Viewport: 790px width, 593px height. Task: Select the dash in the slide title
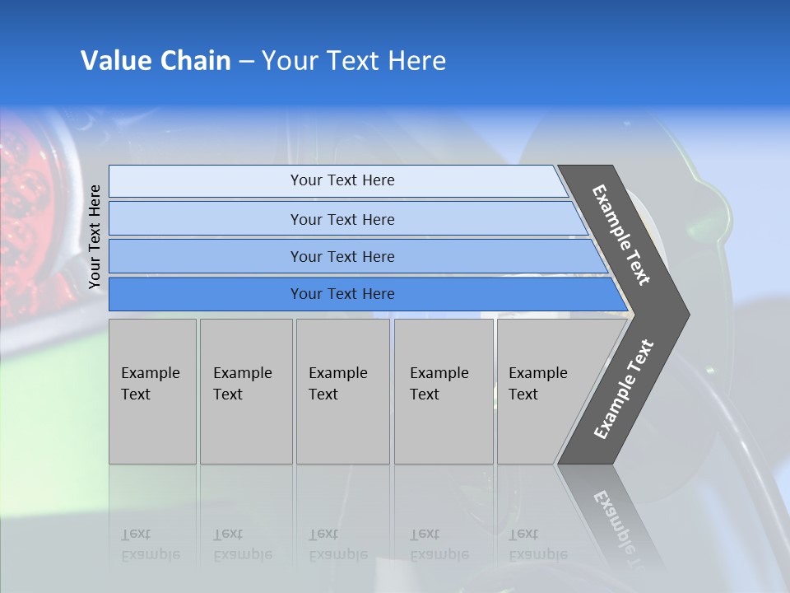[246, 62]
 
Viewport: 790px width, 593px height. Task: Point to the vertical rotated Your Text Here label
[95, 237]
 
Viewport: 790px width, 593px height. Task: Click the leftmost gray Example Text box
[152, 391]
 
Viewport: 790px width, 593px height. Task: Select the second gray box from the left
[246, 391]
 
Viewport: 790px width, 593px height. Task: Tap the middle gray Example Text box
[342, 391]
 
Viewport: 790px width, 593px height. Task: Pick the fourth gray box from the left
[444, 391]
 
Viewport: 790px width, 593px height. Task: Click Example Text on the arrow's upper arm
[621, 235]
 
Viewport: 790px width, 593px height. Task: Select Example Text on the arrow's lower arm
[624, 390]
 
